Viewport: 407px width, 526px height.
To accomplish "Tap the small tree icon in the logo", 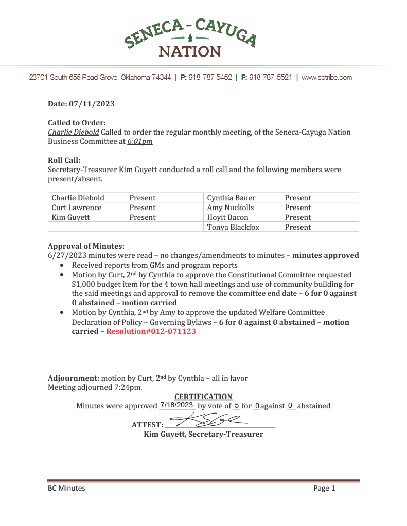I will point(190,37).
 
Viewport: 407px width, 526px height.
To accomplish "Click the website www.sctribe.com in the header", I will point(327,78).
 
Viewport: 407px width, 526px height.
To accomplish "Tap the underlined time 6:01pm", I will point(140,141).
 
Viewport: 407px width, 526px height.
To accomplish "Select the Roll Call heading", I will point(64,160).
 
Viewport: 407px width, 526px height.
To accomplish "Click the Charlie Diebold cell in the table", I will point(78,198).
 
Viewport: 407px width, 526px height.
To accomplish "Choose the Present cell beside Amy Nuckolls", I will point(298,208).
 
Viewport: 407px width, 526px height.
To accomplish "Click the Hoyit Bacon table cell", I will point(227,217).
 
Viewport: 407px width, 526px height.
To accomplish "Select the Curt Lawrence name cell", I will point(77,208).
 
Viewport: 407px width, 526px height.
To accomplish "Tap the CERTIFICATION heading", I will point(203,397).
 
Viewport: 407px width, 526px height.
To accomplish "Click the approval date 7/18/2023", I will point(176,405).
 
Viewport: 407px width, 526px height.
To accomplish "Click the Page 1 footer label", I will point(324,488).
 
